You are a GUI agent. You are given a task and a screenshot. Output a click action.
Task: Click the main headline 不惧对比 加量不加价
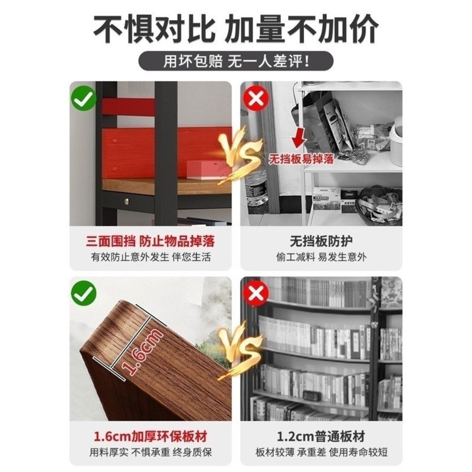(x=235, y=29)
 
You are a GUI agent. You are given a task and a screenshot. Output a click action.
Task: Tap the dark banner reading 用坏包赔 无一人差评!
(x=235, y=61)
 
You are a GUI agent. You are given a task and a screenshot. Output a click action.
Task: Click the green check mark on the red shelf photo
(x=84, y=98)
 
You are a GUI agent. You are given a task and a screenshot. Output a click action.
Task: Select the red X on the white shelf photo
(x=256, y=98)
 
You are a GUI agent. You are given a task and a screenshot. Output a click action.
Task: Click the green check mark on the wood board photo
(x=84, y=293)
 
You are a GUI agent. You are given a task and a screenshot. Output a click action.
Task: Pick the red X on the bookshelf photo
(x=256, y=293)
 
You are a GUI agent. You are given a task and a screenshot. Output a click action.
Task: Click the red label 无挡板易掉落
(x=301, y=159)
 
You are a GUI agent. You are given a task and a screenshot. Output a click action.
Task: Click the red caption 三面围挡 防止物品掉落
(x=150, y=242)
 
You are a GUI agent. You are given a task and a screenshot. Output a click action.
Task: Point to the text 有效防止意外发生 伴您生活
(x=151, y=257)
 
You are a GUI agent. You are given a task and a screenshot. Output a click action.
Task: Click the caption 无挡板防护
(x=321, y=241)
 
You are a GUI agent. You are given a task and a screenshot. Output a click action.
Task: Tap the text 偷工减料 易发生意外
(x=321, y=257)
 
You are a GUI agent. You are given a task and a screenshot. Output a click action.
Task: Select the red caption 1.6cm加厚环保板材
(x=150, y=437)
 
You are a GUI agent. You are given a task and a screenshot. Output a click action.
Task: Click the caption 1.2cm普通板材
(x=321, y=437)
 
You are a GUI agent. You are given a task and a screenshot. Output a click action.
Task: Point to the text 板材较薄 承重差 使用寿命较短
(x=321, y=453)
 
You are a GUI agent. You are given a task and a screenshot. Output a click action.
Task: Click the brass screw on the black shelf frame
(x=127, y=201)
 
